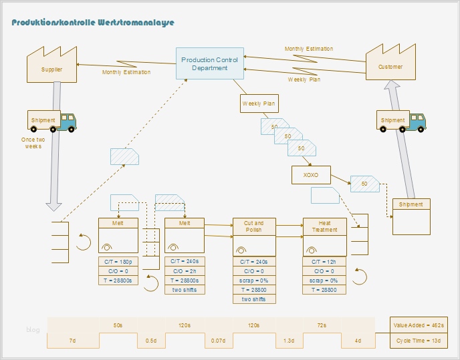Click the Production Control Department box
click(x=209, y=63)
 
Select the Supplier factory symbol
click(x=51, y=65)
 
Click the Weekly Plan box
click(x=258, y=104)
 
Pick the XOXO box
click(x=311, y=176)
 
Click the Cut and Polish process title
click(x=253, y=226)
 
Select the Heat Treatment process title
click(x=325, y=226)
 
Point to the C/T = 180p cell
click(x=118, y=262)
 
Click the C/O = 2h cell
click(x=185, y=271)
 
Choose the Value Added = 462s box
click(x=419, y=325)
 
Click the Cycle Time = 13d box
click(x=419, y=341)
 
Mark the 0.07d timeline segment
click(x=219, y=341)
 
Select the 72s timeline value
click(x=322, y=325)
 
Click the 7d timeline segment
click(x=73, y=341)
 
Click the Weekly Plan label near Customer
click(x=304, y=79)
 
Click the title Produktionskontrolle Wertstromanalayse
click(x=93, y=22)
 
